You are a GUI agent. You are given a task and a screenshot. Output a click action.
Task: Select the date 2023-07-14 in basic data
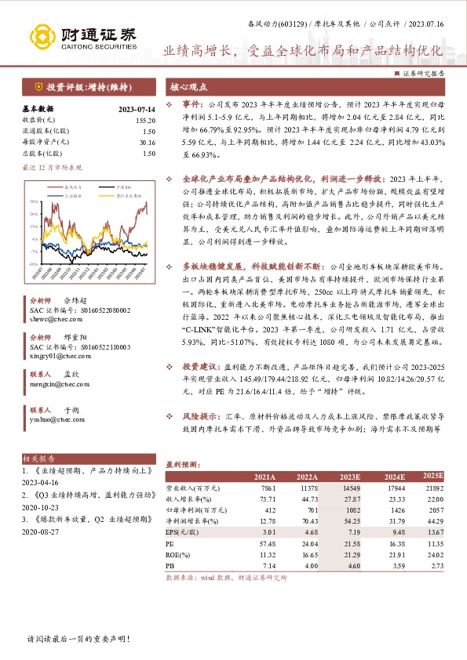pyautogui.click(x=136, y=110)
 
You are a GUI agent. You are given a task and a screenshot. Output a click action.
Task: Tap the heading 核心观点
pyautogui.click(x=189, y=87)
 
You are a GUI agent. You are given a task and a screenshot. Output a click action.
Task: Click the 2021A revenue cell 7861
pyautogui.click(x=265, y=487)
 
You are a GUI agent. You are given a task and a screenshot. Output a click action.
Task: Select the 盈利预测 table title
pyautogui.click(x=181, y=463)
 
